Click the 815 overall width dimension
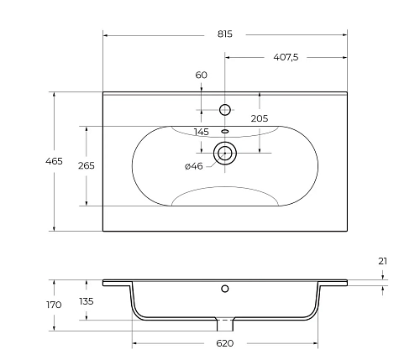224,34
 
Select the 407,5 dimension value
286,56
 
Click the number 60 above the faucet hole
202,76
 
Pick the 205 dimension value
260,118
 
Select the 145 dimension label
202,132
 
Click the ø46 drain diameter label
193,166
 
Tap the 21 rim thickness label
383,261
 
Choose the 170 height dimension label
54,305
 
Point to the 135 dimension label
86,301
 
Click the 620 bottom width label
225,343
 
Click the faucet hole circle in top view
225,109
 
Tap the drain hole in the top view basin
225,152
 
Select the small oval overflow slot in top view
225,131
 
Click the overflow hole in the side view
225,290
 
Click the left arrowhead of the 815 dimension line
106,34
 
